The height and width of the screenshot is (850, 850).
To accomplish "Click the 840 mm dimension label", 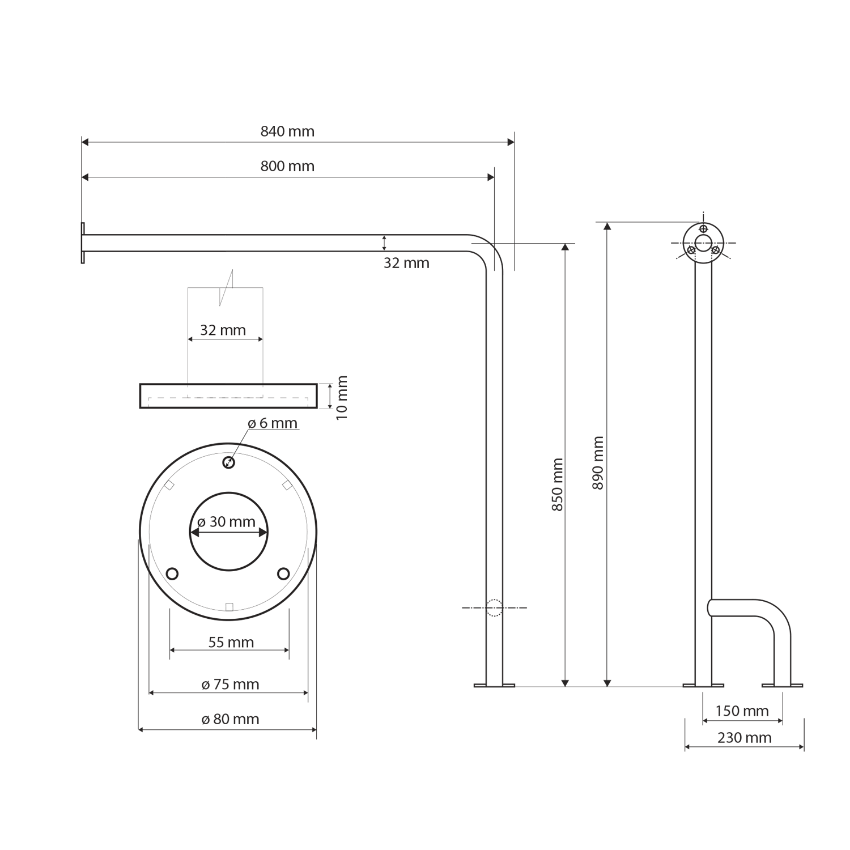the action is (287, 131).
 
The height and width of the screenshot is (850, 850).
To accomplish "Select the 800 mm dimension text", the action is (287, 166).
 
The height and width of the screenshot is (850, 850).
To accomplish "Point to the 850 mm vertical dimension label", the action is (558, 485).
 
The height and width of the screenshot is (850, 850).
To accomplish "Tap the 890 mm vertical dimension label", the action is (598, 463).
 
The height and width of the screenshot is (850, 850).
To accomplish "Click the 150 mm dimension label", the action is (742, 711).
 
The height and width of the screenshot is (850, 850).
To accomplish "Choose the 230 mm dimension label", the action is (745, 738).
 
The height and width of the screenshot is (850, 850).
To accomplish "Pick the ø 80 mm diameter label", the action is (231, 719).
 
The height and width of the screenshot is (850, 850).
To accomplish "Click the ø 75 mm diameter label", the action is (231, 685).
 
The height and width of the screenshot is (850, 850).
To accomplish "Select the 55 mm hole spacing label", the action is (231, 642).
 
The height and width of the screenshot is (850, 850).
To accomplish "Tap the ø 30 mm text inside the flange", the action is (227, 522).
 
